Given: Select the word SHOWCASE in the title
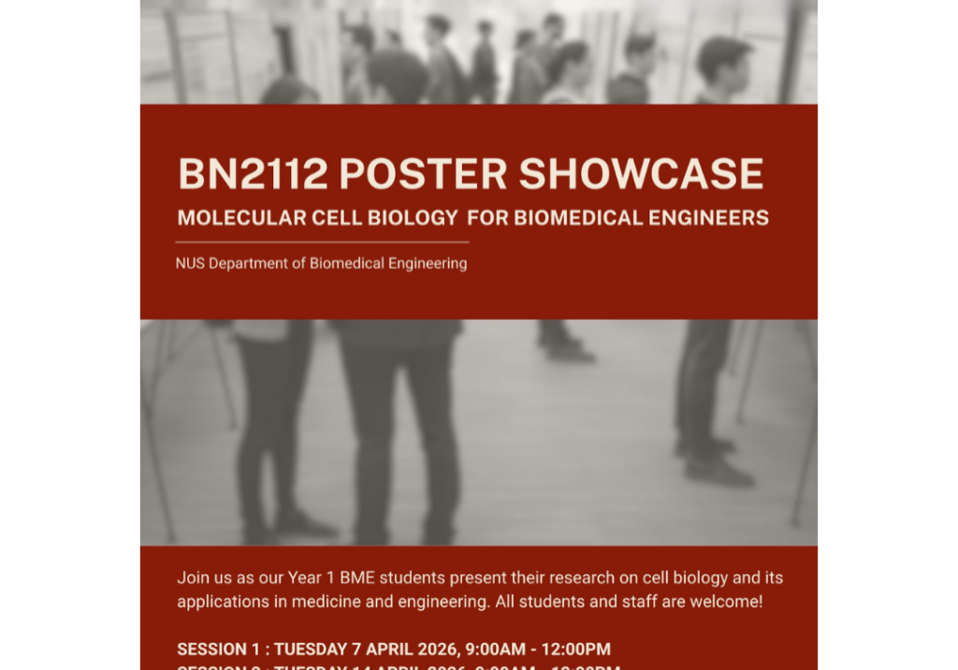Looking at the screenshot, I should [641, 174].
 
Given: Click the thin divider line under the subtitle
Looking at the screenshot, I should [322, 242].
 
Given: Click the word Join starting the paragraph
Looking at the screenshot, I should [193, 577].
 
